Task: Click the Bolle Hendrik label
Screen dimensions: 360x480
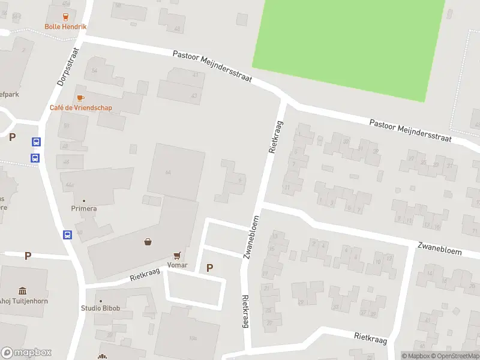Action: click(x=65, y=26)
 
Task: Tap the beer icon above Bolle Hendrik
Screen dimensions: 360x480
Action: click(x=65, y=17)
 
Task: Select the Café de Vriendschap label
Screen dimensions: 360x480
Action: click(x=80, y=108)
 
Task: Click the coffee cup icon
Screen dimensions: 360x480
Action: click(x=80, y=98)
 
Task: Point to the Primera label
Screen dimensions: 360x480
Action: click(x=84, y=208)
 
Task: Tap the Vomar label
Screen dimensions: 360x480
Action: click(x=177, y=265)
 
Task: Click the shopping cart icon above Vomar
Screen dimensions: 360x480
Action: click(x=177, y=256)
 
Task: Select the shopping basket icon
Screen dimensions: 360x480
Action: click(x=148, y=242)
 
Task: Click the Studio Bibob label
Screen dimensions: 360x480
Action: click(x=101, y=308)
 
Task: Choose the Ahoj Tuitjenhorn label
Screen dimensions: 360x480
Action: click(x=24, y=301)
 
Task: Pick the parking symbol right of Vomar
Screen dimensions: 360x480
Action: click(x=209, y=268)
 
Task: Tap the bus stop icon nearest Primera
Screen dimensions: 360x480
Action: click(x=68, y=235)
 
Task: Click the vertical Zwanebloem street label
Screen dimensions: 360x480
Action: click(x=252, y=236)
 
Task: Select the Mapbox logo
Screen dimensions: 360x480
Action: click(x=26, y=353)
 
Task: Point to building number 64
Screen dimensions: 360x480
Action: click(x=169, y=173)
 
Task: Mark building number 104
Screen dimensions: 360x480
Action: click(x=193, y=338)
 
